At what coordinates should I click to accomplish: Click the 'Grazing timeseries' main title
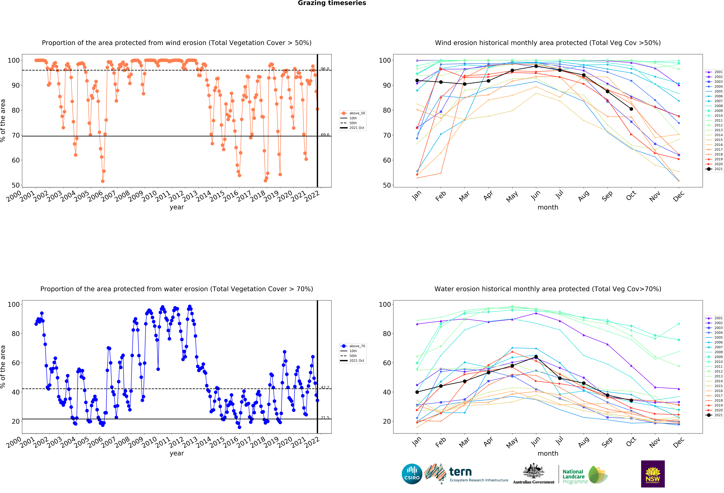[332, 3]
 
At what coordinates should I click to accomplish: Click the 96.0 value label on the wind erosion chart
[325, 69]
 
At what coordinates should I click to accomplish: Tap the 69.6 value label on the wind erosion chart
[325, 135]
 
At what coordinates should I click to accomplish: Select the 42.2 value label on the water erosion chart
[325, 388]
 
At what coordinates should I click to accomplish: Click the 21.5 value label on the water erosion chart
[325, 418]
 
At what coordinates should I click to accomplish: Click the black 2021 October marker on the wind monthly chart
[631, 109]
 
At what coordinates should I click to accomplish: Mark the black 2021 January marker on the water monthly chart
[417, 392]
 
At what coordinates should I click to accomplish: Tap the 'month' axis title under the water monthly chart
[548, 453]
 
